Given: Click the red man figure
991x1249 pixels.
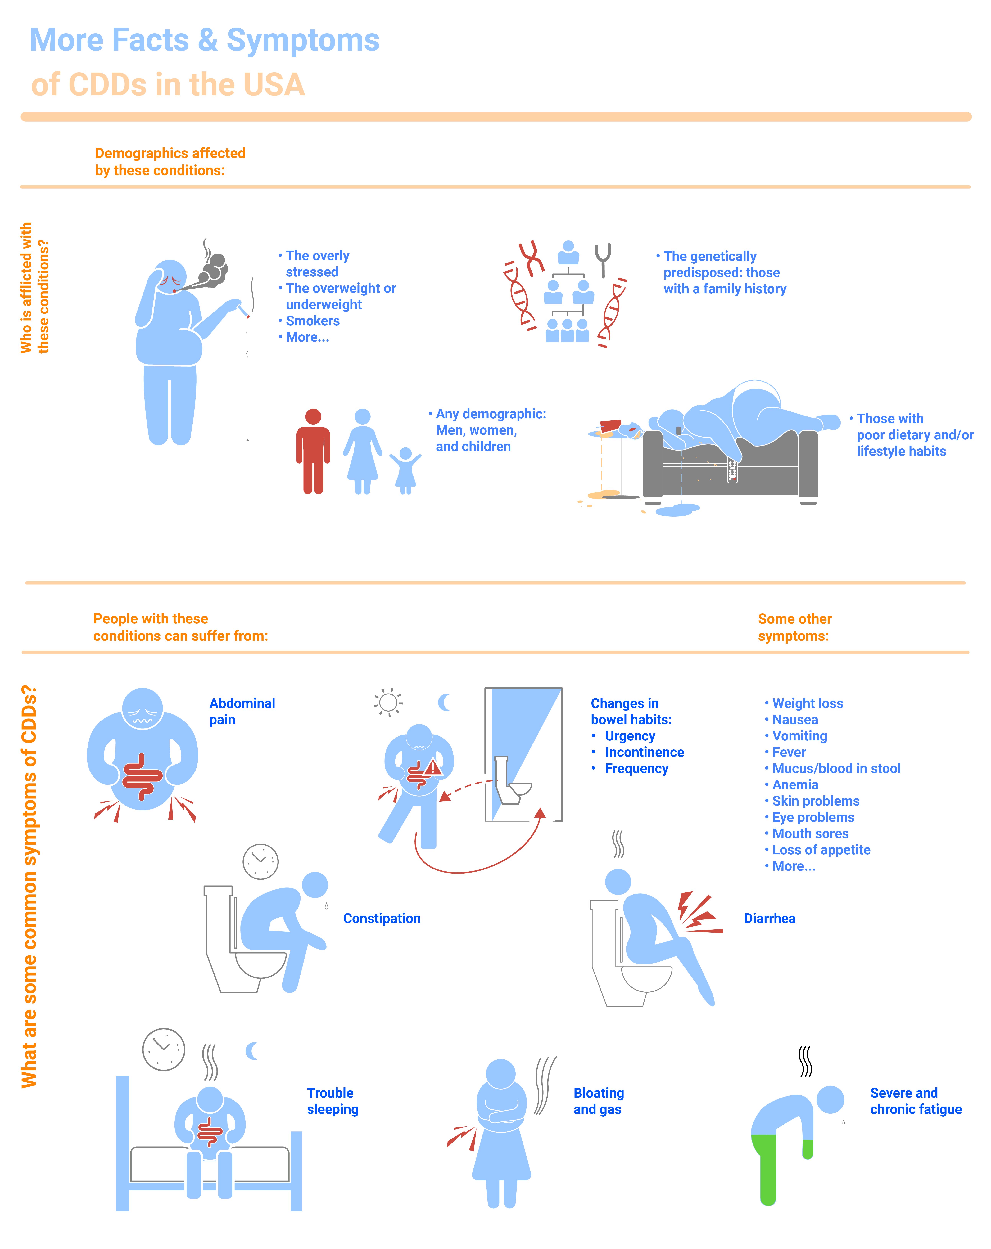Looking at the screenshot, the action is pyautogui.click(x=313, y=451).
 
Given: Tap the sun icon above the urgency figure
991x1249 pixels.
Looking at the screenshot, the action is pyautogui.click(x=388, y=702).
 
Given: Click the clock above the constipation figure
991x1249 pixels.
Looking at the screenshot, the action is pyautogui.click(x=260, y=861).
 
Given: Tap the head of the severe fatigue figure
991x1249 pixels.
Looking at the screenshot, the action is pyautogui.click(x=830, y=1099).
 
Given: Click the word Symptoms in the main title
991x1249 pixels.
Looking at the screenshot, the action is pyautogui.click(x=302, y=41).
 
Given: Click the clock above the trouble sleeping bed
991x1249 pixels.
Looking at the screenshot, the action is pyautogui.click(x=163, y=1050).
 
